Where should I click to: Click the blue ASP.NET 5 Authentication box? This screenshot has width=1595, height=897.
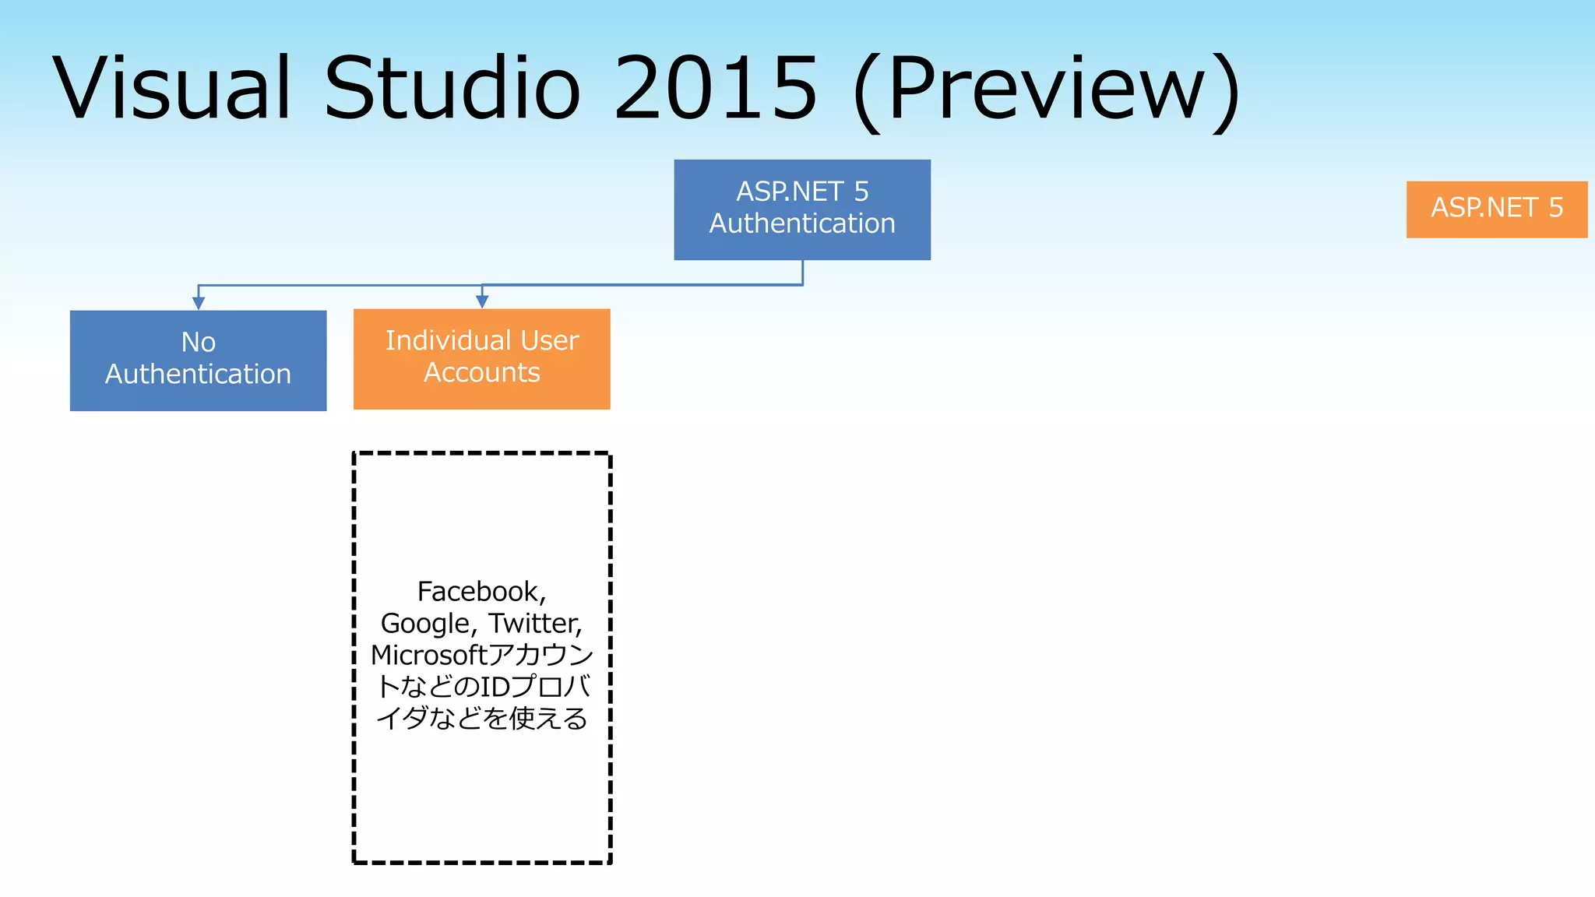point(802,209)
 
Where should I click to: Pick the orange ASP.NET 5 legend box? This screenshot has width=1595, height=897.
point(1496,209)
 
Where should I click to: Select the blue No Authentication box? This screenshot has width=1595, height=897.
point(198,361)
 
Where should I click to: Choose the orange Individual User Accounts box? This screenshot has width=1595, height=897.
point(481,359)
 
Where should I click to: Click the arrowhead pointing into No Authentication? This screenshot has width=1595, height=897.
point(199,303)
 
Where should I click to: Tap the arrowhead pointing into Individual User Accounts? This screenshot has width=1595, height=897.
point(482,301)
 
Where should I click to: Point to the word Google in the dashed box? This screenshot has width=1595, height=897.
point(425,624)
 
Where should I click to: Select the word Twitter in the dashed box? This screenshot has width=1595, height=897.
point(534,624)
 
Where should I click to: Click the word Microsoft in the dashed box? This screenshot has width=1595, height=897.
point(428,656)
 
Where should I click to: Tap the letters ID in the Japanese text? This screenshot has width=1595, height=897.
point(495,687)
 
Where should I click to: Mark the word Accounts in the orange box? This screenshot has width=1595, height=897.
point(481,373)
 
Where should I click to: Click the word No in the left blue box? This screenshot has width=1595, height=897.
point(198,342)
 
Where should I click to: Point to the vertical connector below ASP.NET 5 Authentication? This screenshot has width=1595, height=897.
point(802,273)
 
